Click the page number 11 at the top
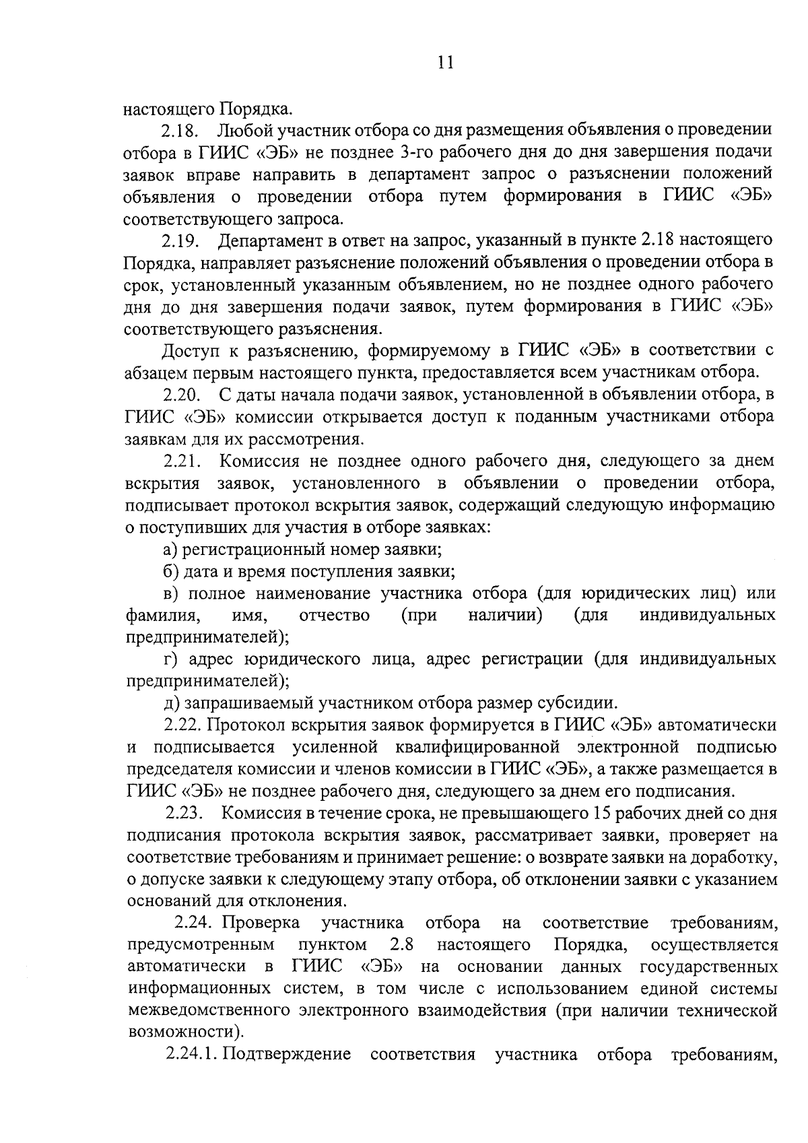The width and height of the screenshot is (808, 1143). tap(445, 63)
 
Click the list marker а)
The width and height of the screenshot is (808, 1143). tap(170, 549)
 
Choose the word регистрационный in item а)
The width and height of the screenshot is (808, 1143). tap(253, 549)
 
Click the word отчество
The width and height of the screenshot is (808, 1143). tap(334, 615)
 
